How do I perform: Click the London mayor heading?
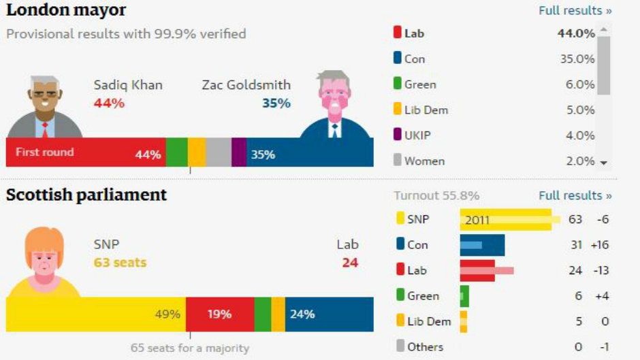tap(66, 10)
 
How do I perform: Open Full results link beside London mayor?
tap(575, 11)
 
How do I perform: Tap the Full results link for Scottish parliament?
tap(575, 195)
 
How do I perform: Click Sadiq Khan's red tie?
tap(45, 129)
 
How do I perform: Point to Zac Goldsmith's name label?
tap(246, 85)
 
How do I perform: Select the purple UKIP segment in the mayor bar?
tap(239, 152)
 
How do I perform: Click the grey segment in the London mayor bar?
tap(219, 152)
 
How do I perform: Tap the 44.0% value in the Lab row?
tap(577, 33)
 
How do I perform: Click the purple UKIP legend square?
tap(398, 135)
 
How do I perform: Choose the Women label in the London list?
tap(424, 161)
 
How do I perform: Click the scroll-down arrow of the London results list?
tap(603, 162)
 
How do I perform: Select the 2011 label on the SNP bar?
tap(477, 220)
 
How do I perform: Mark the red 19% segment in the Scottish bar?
tap(220, 314)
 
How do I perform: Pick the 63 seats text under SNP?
tap(120, 263)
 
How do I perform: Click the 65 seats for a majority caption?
tap(190, 348)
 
